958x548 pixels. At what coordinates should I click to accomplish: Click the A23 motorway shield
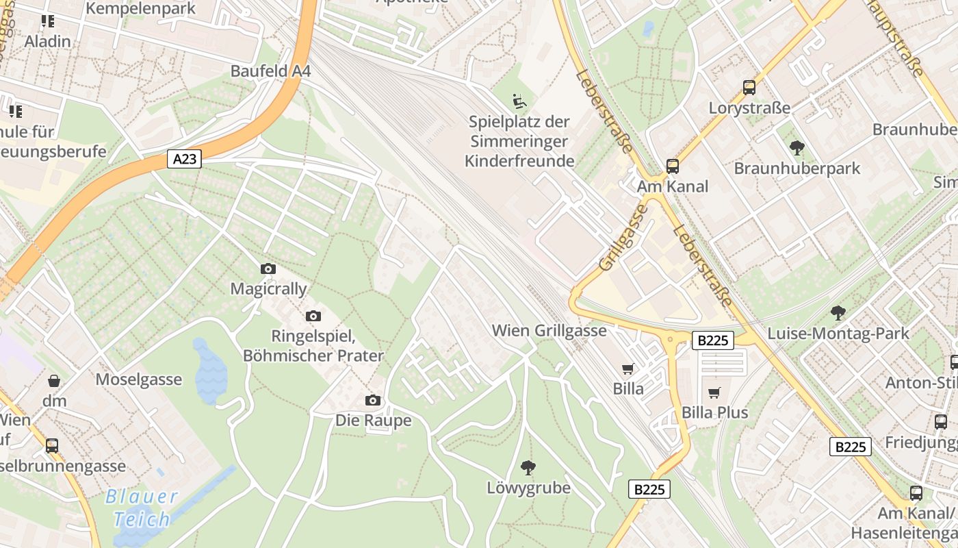[x=185, y=160]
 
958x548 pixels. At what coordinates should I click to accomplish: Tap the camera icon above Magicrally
[x=268, y=269]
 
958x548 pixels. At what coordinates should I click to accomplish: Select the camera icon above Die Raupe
[x=373, y=400]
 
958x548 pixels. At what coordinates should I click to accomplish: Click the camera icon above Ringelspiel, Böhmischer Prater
[x=313, y=316]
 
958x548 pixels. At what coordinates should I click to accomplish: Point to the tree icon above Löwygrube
[x=528, y=468]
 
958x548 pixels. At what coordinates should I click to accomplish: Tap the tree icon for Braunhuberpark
[x=797, y=147]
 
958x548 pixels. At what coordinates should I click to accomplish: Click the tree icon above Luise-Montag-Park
[x=838, y=313]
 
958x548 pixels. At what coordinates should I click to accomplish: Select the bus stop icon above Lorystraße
[x=749, y=88]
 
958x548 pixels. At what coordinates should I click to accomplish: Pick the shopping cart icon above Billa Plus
[x=714, y=393]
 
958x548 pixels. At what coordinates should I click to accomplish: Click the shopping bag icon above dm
[x=54, y=380]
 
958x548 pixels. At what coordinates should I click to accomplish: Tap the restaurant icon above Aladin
[x=47, y=21]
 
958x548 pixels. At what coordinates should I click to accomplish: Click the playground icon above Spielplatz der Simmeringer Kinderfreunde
[x=519, y=101]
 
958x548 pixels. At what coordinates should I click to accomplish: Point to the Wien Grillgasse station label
[x=549, y=331]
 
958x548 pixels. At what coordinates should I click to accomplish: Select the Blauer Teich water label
[x=142, y=508]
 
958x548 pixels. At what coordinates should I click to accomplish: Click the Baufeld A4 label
[x=270, y=71]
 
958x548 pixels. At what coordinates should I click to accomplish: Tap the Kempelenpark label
[x=141, y=9]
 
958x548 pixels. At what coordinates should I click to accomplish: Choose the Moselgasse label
[x=139, y=379]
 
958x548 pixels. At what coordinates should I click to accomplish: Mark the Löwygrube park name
[x=528, y=488]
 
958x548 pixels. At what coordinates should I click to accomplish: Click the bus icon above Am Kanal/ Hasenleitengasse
[x=916, y=493]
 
